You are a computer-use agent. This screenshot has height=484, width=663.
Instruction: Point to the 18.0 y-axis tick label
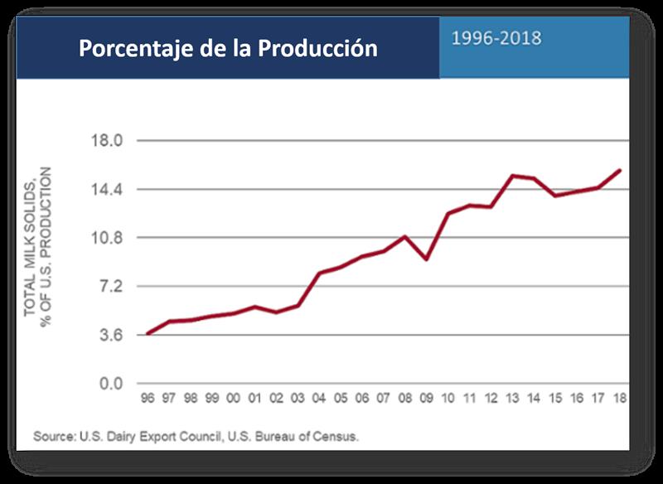pos(105,140)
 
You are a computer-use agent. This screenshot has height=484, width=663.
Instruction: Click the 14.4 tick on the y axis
pos(105,189)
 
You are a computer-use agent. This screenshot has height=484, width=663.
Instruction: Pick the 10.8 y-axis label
pos(105,238)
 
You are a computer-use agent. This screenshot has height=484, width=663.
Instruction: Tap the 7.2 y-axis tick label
pos(109,287)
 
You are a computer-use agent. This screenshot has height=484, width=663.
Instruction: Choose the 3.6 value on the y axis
pos(109,336)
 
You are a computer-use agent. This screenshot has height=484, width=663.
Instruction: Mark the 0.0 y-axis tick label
pos(109,384)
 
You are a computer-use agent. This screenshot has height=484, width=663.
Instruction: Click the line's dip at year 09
pos(426,259)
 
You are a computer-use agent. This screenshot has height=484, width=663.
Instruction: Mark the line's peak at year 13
pos(512,176)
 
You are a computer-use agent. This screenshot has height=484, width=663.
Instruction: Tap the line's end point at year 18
pos(620,170)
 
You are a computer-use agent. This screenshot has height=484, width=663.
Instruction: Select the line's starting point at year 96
pos(148,333)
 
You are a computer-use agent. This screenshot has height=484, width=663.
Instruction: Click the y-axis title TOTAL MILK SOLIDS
pos(30,240)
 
